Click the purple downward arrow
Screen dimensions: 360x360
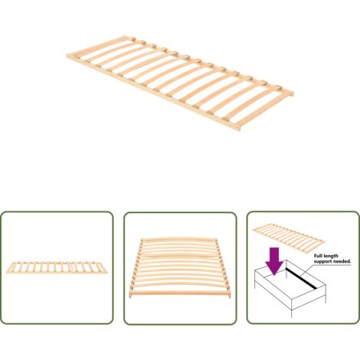[x=274, y=261]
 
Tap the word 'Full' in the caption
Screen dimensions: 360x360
[x=318, y=256]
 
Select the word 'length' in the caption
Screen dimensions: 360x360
[x=331, y=256]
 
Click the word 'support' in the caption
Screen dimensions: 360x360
[x=322, y=262]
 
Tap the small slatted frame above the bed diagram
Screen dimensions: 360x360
[x=289, y=237]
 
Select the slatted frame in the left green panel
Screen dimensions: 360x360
[x=57, y=267]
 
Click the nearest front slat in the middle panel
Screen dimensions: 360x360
[x=181, y=293]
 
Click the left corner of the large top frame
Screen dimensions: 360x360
[x=67, y=56]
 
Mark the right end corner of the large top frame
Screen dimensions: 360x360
[x=293, y=93]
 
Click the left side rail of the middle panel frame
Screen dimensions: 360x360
[x=136, y=268]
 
